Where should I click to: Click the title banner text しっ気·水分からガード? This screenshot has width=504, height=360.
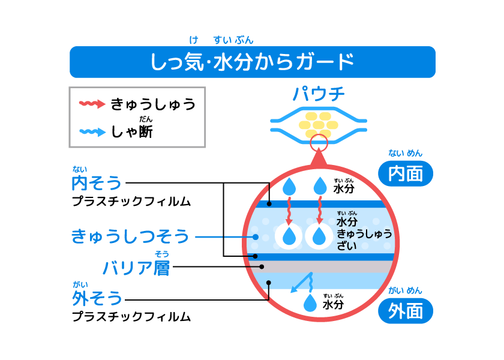252,62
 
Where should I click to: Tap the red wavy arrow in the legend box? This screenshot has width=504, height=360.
92,104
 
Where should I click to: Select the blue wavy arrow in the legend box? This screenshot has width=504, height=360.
92,132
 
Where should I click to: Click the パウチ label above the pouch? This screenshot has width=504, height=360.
319,94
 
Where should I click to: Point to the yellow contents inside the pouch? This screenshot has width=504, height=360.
319,124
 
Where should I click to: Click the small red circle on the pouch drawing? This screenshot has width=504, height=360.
319,143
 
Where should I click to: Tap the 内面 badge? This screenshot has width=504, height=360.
406,173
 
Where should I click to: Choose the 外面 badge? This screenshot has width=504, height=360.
406,311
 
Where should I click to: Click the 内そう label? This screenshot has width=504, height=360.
97,183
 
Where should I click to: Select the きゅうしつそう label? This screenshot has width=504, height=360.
130,236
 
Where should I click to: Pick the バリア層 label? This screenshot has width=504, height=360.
136,268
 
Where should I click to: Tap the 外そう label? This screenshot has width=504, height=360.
97,298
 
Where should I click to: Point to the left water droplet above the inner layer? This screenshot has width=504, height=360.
289,185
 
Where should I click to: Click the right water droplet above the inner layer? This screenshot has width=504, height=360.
320,185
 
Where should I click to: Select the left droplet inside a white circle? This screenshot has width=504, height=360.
289,236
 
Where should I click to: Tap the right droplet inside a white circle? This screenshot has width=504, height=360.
319,236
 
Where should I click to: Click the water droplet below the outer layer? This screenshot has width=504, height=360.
310,303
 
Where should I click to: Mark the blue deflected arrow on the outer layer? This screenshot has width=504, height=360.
301,283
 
